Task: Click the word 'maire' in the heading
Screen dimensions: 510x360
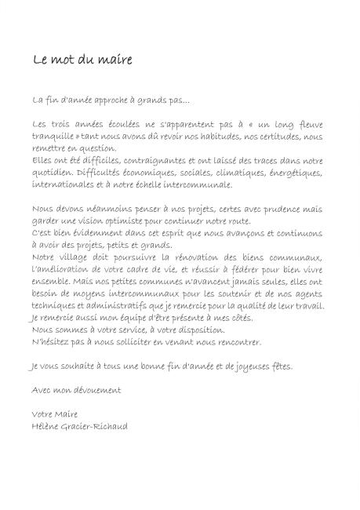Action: tap(115, 60)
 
